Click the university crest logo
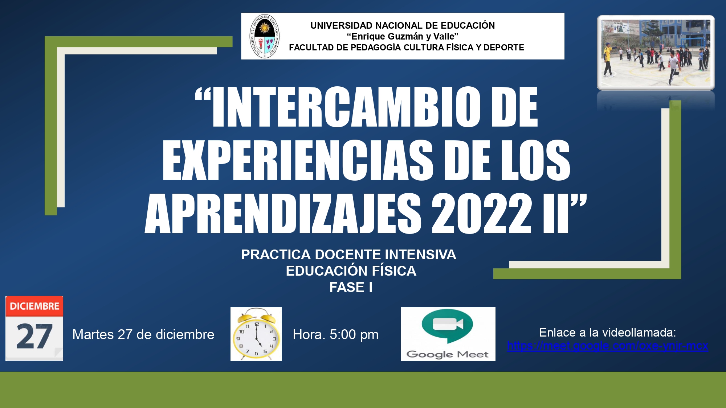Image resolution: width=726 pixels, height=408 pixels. click(265, 36)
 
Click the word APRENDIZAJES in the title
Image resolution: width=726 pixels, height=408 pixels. click(283, 213)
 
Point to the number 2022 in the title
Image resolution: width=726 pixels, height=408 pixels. click(481, 213)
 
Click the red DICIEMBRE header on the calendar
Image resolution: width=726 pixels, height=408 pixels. click(34, 306)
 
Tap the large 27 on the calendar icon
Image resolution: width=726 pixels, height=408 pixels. click(34, 337)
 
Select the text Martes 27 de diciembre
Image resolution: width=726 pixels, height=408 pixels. click(143, 334)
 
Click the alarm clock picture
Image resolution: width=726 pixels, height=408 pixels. click(256, 334)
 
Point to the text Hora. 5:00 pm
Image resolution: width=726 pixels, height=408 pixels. click(336, 334)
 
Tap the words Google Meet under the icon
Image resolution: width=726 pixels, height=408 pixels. click(448, 354)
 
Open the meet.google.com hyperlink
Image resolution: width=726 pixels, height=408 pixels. click(608, 346)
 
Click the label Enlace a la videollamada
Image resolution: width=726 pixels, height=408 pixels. click(608, 332)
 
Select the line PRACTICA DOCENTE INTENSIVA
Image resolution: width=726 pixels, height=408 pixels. click(349, 255)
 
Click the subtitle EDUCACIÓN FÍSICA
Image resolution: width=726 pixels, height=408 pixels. click(351, 271)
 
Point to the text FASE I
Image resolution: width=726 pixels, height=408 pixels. click(351, 287)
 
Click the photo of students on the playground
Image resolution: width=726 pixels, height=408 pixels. click(656, 53)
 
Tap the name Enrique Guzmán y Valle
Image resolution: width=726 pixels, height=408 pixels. click(403, 36)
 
